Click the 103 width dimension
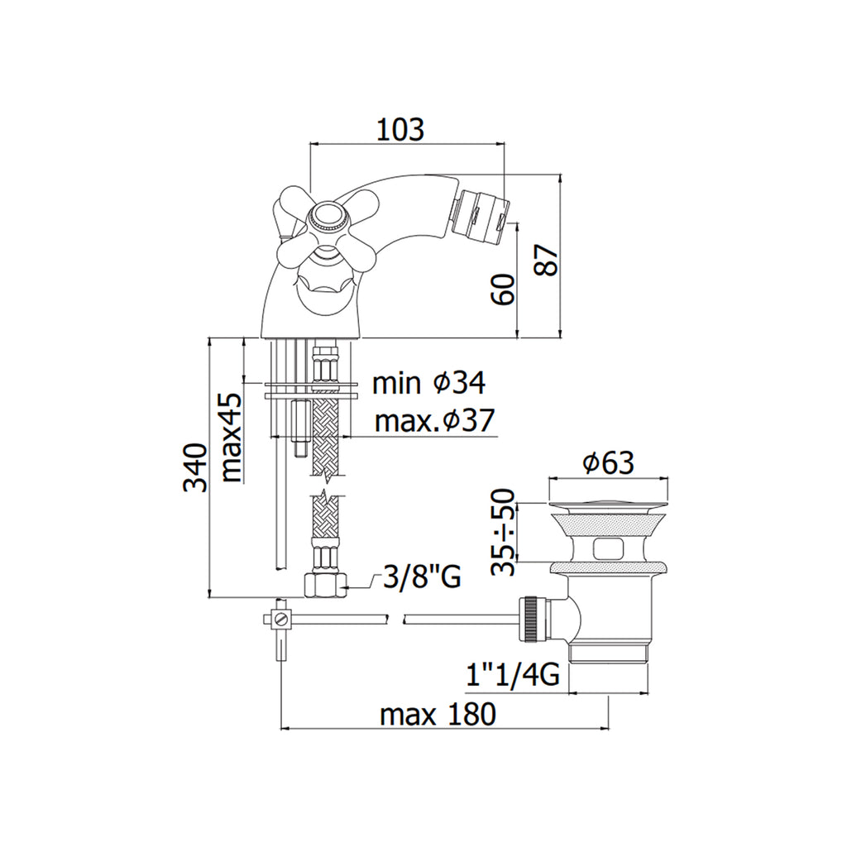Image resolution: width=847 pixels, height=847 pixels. click(400, 129)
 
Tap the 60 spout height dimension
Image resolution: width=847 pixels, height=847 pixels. click(503, 289)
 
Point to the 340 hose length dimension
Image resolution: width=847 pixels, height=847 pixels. click(195, 467)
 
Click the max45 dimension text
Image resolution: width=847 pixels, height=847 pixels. click(232, 438)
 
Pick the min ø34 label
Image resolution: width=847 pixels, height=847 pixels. click(428, 383)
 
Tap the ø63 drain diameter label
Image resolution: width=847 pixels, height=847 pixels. click(608, 463)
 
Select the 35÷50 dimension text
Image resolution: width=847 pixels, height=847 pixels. click(502, 532)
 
